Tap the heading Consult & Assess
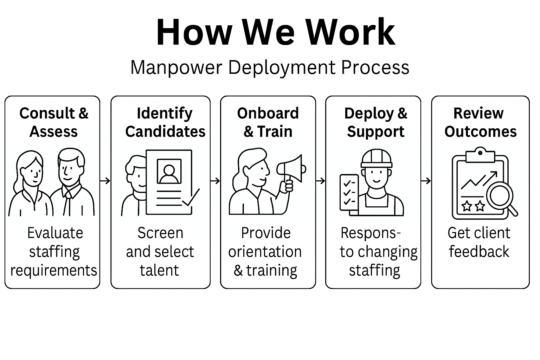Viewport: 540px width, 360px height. click(x=54, y=122)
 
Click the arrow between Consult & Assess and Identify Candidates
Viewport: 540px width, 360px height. click(x=105, y=181)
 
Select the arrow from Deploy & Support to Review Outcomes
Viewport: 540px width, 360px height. click(x=426, y=181)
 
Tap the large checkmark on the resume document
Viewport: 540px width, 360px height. click(x=191, y=198)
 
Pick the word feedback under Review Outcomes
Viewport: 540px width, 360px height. click(x=479, y=252)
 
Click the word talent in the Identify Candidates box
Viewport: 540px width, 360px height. click(x=160, y=270)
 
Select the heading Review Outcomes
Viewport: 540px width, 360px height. click(x=480, y=122)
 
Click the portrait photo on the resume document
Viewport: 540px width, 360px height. click(x=169, y=171)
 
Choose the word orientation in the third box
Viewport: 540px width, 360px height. click(x=265, y=252)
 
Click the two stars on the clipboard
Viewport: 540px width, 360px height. click(x=473, y=206)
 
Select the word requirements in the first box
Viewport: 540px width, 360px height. click(x=53, y=270)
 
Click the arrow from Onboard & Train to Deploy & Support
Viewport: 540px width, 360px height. click(x=320, y=181)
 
